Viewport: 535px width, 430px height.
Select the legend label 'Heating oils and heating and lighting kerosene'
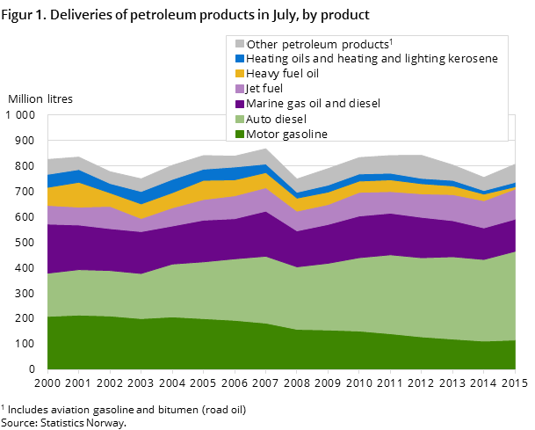point(372,59)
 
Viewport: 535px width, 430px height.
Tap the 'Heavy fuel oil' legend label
point(283,74)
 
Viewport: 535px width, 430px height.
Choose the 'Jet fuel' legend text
point(265,89)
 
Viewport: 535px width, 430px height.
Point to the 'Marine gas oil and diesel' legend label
point(314,104)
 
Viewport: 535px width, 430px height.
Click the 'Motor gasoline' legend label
point(287,134)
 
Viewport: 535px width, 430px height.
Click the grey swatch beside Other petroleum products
point(239,44)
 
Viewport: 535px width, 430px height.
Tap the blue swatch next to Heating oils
point(239,59)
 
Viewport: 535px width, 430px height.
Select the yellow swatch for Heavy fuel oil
point(239,74)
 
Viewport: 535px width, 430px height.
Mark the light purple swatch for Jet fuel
point(239,89)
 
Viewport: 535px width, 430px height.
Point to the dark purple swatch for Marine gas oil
point(239,104)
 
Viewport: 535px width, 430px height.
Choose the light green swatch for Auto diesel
point(239,119)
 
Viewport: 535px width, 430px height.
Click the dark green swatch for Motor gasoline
point(239,134)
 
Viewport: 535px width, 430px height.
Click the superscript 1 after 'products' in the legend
point(391,40)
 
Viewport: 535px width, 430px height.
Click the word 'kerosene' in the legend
point(474,59)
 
